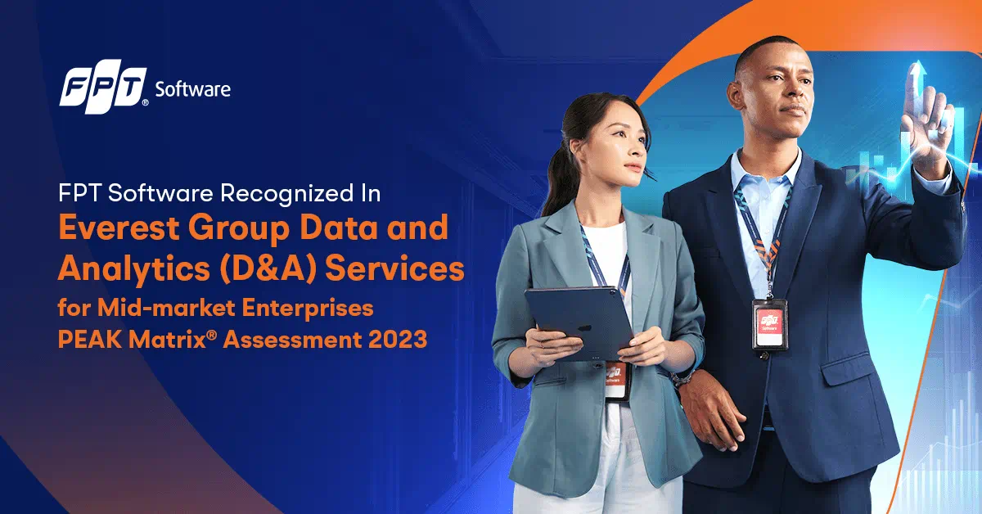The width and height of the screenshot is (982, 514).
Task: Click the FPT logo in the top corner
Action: point(103,90)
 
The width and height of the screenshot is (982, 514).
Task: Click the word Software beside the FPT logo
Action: point(193,89)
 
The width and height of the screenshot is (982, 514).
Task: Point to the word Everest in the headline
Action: point(119,228)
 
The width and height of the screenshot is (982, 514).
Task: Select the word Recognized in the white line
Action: point(286,193)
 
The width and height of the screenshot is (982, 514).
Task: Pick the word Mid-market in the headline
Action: point(166,308)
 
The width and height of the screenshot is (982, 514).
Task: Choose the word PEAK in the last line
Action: point(90,340)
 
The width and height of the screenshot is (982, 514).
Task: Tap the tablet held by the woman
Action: point(579,322)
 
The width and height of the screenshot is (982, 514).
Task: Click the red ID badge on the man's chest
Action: point(769,323)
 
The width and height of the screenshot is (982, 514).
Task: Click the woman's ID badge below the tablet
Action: point(617,380)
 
